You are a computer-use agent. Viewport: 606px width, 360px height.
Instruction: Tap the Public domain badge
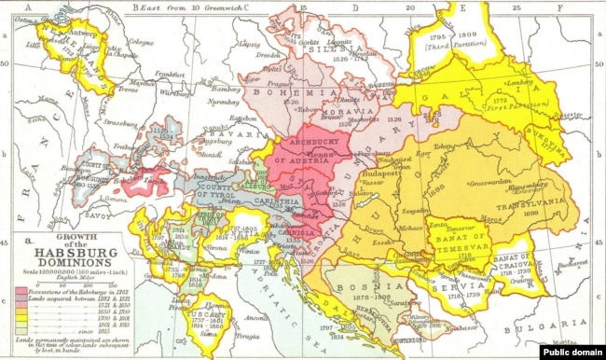[x=572, y=353]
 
